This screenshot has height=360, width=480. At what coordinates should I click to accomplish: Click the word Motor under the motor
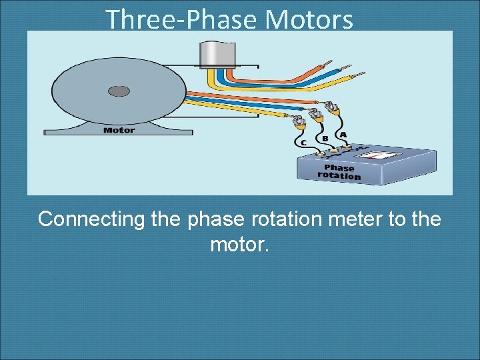[119, 130]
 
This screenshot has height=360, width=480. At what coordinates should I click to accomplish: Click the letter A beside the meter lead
[343, 135]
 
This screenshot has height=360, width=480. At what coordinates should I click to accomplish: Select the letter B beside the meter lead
[325, 139]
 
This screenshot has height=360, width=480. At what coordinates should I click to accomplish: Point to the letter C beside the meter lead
[304, 143]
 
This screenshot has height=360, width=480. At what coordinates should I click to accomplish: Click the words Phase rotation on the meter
[339, 172]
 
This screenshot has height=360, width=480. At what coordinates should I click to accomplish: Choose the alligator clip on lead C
[298, 121]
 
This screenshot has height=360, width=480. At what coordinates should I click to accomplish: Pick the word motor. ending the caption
[239, 245]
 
